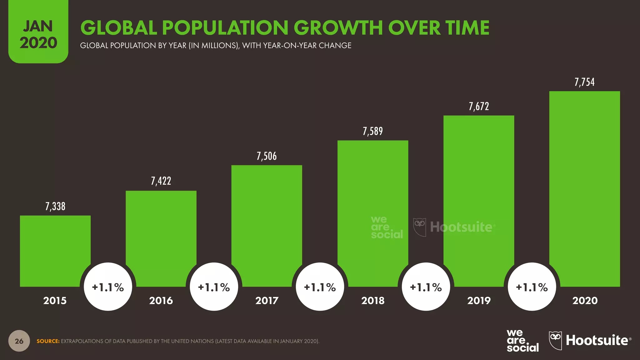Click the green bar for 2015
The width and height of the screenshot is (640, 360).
pyautogui.click(x=55, y=247)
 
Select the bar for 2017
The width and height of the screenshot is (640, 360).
pyautogui.click(x=267, y=219)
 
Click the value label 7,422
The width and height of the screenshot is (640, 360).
pyautogui.click(x=161, y=181)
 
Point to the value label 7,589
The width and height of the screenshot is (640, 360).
pyautogui.click(x=372, y=131)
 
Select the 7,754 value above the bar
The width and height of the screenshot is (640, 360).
pyautogui.click(x=584, y=82)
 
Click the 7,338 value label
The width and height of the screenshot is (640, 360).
pyautogui.click(x=55, y=207)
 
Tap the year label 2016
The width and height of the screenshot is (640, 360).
pyautogui.click(x=161, y=301)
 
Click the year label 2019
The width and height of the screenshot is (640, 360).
pyautogui.click(x=479, y=301)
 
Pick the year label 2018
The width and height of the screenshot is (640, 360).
pyautogui.click(x=373, y=301)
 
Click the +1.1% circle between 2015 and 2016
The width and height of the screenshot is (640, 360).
pyautogui.click(x=108, y=287)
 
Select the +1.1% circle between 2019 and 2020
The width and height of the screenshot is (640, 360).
pyautogui.click(x=532, y=287)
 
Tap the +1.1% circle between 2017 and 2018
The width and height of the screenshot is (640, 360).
pyautogui.click(x=320, y=287)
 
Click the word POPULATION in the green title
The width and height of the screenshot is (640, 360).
pyautogui.click(x=225, y=28)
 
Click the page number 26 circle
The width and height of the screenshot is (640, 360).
pyautogui.click(x=19, y=341)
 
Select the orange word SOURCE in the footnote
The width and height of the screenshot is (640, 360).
pyautogui.click(x=48, y=341)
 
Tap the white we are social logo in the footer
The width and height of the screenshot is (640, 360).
pyautogui.click(x=522, y=341)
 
